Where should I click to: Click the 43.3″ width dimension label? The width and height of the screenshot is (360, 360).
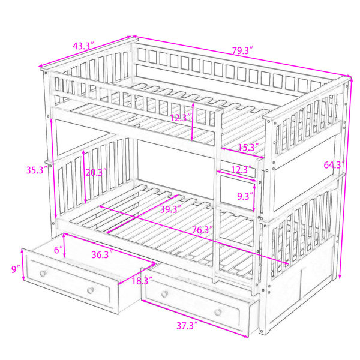(83, 46)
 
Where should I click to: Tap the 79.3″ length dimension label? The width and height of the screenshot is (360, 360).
(242, 50)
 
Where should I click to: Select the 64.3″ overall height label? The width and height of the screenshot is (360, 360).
(334, 165)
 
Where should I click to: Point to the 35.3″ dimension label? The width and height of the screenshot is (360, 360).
(37, 170)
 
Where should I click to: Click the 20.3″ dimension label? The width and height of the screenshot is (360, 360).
(96, 172)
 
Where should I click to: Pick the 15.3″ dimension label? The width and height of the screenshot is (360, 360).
(248, 147)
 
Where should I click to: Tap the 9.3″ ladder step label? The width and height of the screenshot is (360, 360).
(245, 196)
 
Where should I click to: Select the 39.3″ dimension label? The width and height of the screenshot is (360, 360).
(170, 209)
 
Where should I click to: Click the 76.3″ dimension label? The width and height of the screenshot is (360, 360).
(202, 230)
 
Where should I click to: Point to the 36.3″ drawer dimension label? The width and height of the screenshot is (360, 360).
(102, 254)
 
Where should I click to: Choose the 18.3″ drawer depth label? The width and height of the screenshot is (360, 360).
(142, 281)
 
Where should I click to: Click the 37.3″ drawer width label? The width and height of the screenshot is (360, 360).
(187, 326)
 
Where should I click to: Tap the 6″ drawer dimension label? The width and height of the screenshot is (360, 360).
(58, 250)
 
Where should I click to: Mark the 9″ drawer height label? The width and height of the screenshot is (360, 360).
(16, 269)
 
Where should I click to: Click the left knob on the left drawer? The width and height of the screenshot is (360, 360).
(43, 274)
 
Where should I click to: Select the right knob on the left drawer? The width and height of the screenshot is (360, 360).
(91, 290)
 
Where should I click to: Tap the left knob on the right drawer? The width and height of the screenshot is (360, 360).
(164, 294)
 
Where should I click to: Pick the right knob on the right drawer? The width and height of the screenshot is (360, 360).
(218, 312)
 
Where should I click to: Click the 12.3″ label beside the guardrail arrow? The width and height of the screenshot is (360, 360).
(181, 118)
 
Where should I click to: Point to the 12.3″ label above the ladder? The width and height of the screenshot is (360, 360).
(241, 170)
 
